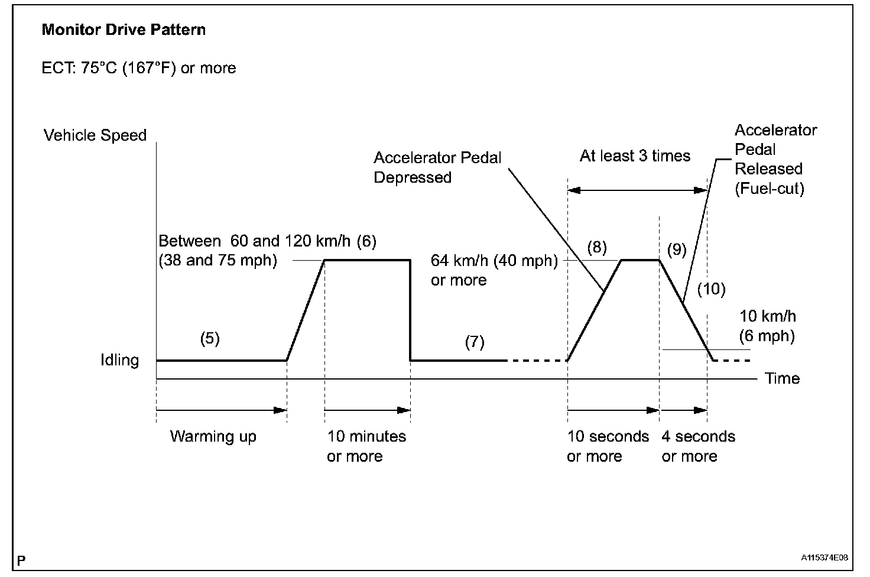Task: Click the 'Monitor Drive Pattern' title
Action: (124, 30)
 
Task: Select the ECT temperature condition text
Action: (139, 69)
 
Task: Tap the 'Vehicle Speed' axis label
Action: (95, 135)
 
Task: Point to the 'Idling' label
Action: (119, 360)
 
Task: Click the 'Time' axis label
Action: (782, 378)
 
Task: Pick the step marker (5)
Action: (210, 339)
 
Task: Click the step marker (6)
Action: (366, 241)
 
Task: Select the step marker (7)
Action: (475, 342)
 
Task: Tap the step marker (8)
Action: (597, 247)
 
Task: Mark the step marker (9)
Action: (677, 249)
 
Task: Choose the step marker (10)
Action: (711, 289)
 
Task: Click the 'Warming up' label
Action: (213, 437)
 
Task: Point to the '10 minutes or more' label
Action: (366, 446)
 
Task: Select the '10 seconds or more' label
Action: (608, 446)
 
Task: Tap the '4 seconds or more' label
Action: (698, 446)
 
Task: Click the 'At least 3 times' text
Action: (635, 156)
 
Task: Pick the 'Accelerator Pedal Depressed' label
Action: (437, 167)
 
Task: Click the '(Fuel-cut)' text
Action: (769, 189)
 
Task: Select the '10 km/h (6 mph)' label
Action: (767, 326)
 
